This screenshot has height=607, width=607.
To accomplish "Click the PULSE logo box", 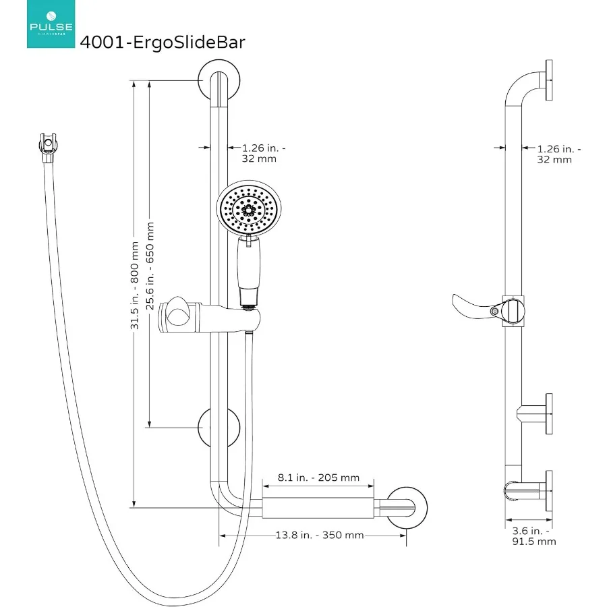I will coord(51,25).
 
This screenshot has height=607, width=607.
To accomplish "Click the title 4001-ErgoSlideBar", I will coord(162,42).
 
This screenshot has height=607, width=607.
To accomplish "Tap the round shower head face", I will coord(248,208).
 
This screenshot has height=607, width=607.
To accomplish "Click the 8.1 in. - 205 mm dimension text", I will coord(318,478).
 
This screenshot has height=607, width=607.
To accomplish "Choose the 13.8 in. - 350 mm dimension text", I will coord(319,535).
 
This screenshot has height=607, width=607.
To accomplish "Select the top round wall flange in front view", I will coord(219,82).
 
